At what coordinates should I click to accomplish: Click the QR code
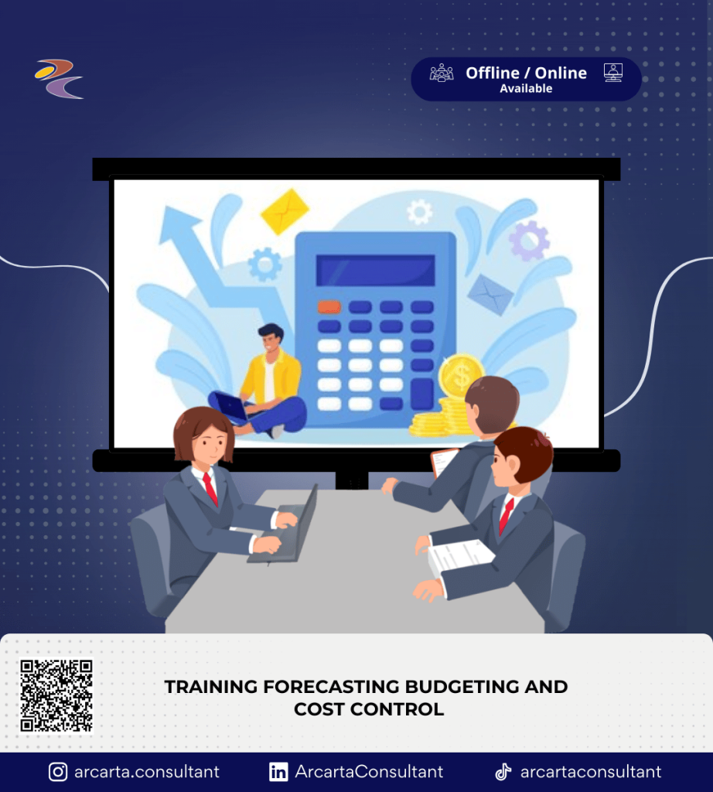click(56, 695)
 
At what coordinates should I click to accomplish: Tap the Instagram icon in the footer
click(58, 772)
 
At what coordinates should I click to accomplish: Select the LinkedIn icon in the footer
click(278, 772)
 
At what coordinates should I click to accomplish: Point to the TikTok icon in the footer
click(503, 772)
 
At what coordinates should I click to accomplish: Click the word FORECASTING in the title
click(331, 687)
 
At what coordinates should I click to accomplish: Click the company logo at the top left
click(59, 79)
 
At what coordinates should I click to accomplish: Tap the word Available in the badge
click(526, 88)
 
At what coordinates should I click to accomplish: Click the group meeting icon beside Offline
click(442, 73)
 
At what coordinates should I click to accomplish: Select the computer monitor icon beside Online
click(613, 73)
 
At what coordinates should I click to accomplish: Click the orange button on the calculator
click(329, 306)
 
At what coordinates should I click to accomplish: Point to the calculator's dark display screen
click(375, 270)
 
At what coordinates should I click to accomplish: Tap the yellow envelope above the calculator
click(285, 212)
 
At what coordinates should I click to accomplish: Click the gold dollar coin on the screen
click(460, 376)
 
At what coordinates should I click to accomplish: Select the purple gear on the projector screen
click(529, 241)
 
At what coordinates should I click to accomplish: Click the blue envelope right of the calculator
click(490, 295)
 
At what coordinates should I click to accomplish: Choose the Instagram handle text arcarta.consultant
click(147, 772)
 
